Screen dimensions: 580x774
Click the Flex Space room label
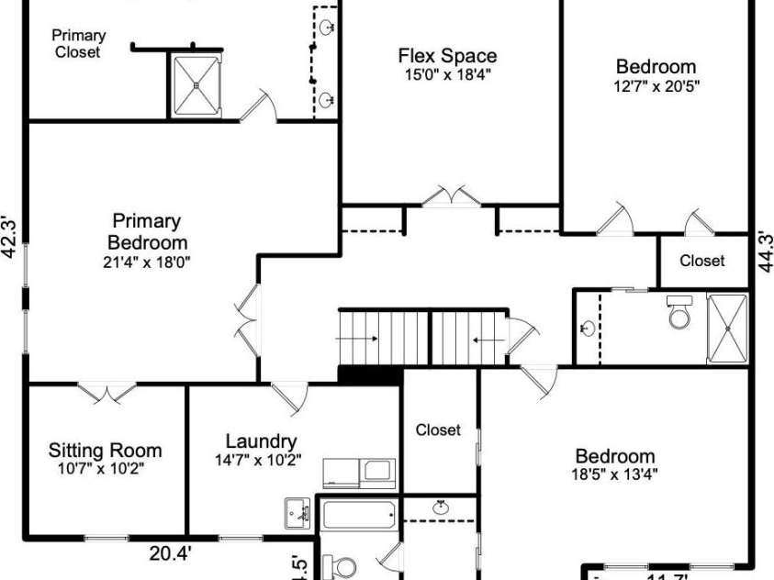(447, 56)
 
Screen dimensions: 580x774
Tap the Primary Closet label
(78, 44)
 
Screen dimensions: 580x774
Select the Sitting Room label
(105, 451)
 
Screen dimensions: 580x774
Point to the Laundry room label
(261, 441)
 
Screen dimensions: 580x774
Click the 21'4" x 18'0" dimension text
(147, 262)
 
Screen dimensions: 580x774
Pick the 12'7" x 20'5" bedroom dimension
(656, 85)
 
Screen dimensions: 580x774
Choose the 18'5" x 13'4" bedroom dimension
(615, 474)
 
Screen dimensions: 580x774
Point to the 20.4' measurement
(171, 552)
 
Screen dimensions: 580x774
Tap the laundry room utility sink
(297, 509)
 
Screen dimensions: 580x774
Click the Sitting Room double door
(107, 393)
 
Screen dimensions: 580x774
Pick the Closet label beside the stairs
(438, 429)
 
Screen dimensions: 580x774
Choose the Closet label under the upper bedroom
(701, 262)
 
